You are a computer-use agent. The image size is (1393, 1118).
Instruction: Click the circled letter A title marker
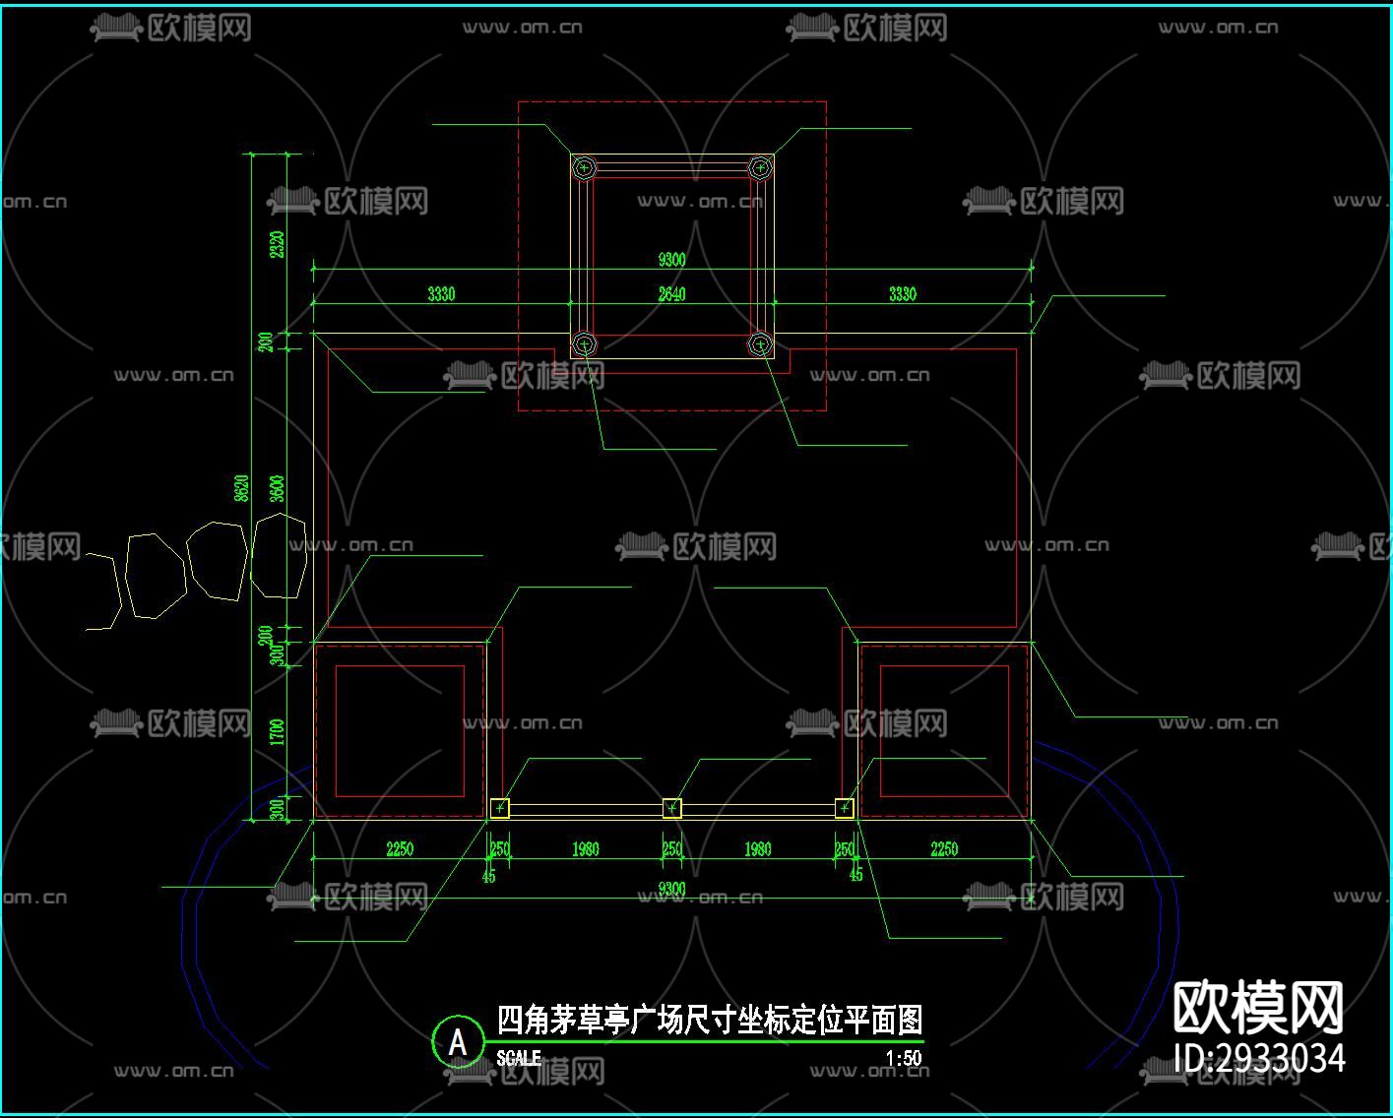tap(458, 1041)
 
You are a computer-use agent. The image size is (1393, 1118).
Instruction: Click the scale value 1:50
tap(903, 1059)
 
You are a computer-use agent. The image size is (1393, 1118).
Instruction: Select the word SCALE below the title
tap(519, 1058)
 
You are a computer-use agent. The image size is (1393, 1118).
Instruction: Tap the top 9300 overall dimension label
tap(671, 259)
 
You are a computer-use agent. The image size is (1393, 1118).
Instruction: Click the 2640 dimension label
tap(671, 293)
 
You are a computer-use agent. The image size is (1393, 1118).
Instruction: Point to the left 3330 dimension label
tap(441, 293)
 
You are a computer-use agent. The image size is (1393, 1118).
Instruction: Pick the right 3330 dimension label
tap(902, 293)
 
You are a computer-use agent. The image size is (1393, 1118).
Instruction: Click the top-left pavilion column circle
tap(585, 168)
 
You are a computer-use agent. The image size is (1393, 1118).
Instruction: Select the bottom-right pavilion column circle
tap(760, 343)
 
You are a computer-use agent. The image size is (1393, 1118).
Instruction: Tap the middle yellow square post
tap(672, 808)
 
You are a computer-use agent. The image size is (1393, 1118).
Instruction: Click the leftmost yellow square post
tap(500, 808)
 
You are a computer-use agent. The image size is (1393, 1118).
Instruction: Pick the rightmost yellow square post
tap(845, 808)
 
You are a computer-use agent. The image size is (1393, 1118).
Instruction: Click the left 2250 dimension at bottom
tap(400, 848)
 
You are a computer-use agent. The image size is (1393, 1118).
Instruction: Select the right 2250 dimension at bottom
tap(943, 848)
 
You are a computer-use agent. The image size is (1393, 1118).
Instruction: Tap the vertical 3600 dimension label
tap(278, 488)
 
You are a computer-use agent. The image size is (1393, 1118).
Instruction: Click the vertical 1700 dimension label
tap(278, 732)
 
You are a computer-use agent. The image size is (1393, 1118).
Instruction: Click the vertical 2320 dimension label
tap(278, 244)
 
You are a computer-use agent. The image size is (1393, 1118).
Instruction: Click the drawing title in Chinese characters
tap(709, 1020)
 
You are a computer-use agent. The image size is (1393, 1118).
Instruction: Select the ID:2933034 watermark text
tap(1259, 1058)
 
